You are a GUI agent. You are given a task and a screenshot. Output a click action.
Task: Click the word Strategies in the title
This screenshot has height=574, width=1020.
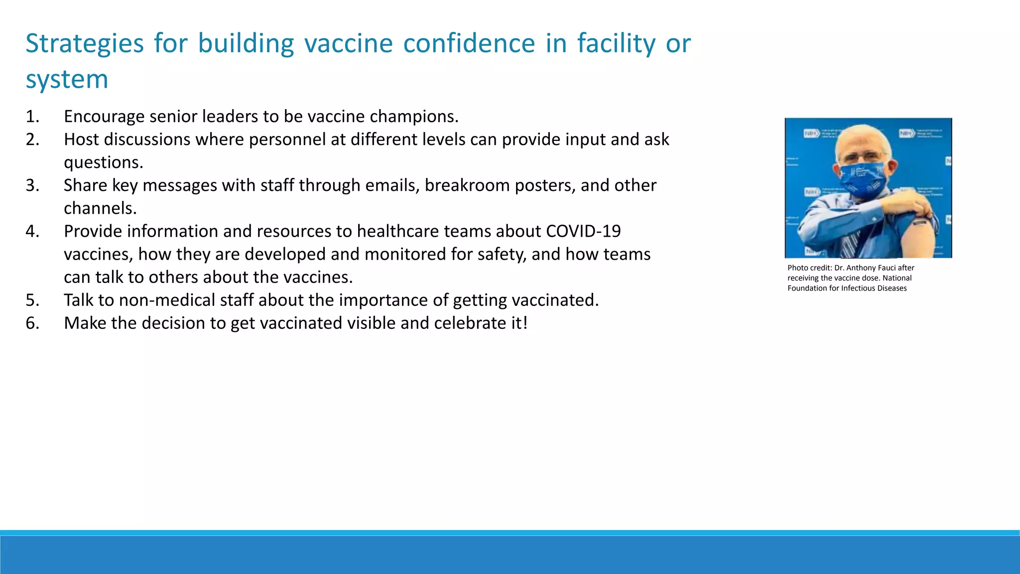(x=85, y=44)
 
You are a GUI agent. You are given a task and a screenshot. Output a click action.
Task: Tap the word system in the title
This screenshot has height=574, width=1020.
(x=67, y=80)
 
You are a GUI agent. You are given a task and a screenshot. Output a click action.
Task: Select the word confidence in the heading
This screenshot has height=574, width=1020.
(x=469, y=43)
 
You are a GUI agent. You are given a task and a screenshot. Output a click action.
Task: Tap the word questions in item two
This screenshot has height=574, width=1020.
(x=103, y=162)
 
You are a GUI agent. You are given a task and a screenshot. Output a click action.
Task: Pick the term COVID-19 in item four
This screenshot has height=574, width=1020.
(x=583, y=231)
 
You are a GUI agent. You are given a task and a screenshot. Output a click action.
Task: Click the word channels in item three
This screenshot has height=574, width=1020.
(x=100, y=208)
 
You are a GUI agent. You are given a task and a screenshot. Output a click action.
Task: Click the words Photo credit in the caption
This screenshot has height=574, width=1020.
(x=809, y=268)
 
